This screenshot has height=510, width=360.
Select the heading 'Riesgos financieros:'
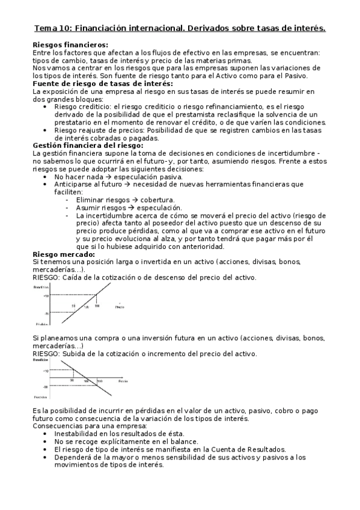(x=70, y=45)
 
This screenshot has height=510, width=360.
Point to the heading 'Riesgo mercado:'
(x=63, y=254)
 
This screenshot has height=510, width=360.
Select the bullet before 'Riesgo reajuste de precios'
(x=47, y=129)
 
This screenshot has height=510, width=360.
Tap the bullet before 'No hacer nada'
(x=47, y=177)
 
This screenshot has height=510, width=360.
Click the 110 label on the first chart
(x=97, y=307)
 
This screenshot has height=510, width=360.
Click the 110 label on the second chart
(x=99, y=381)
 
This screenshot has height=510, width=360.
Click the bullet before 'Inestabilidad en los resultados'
(x=47, y=434)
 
